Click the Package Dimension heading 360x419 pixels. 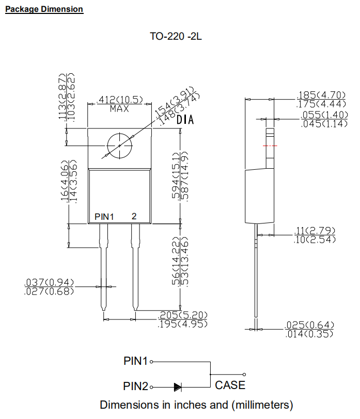click(44, 9)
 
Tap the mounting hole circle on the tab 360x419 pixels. click(120, 146)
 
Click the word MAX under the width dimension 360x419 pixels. click(119, 109)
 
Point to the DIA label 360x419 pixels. click(185, 120)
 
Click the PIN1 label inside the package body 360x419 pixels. click(104, 217)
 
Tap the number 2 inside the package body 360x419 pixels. click(134, 216)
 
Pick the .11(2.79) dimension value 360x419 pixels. click(315, 230)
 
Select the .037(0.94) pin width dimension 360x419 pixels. click(49, 283)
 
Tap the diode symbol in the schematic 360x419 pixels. click(178, 386)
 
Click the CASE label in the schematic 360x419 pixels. click(230, 385)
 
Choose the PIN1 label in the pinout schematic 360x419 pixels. click(136, 361)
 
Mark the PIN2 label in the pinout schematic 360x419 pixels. click(136, 386)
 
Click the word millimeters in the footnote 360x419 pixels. click(263, 404)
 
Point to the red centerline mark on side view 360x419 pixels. click(270, 146)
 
